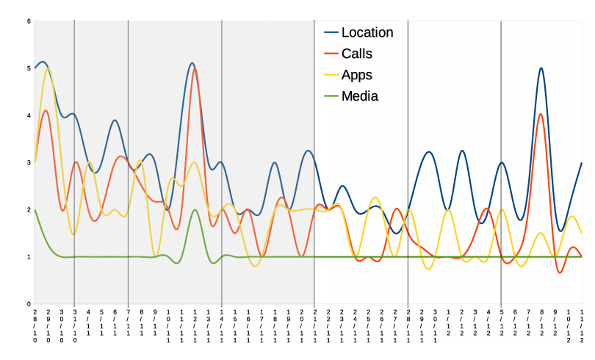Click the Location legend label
(367, 32)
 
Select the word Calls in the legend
(357, 54)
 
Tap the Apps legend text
(357, 75)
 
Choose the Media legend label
(360, 96)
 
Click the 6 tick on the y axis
(29, 21)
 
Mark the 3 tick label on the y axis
(29, 162)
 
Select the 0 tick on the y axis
(29, 304)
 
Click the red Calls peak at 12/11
(195, 68)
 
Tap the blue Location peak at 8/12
(541, 68)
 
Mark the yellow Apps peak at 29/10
(48, 68)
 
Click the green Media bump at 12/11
(195, 210)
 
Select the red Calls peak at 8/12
(541, 114)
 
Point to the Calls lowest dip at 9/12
(560, 273)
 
